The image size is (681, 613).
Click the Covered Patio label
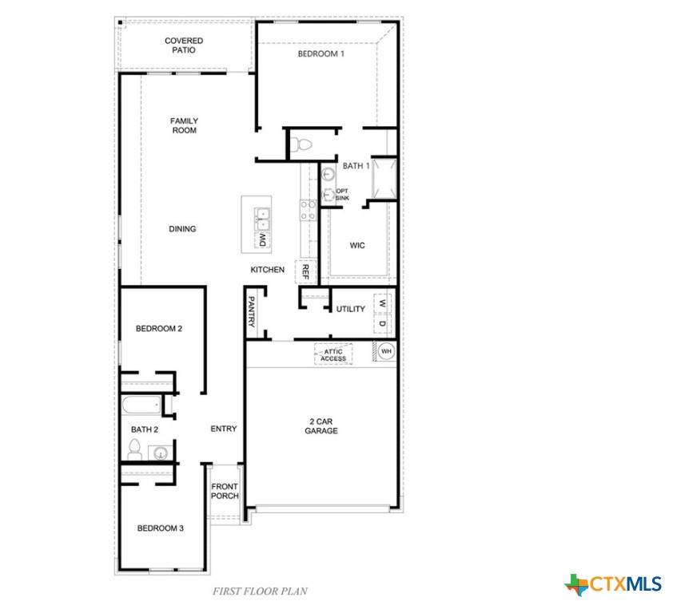click(x=184, y=45)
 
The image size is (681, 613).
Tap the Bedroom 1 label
click(x=321, y=53)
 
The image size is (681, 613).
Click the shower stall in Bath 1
click(x=384, y=178)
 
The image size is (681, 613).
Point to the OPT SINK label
click(x=342, y=194)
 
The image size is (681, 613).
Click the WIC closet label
click(x=357, y=246)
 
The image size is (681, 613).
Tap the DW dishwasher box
click(x=262, y=239)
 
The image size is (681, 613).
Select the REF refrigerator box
click(x=305, y=271)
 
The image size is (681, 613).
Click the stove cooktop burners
click(x=308, y=210)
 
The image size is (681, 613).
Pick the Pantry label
click(x=251, y=311)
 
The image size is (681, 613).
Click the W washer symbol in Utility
click(x=382, y=303)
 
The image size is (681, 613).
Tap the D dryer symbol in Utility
click(x=382, y=323)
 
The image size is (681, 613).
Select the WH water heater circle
click(x=386, y=351)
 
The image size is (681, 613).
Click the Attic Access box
click(x=333, y=354)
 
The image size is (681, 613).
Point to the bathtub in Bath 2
click(x=141, y=405)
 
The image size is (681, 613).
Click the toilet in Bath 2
click(x=134, y=449)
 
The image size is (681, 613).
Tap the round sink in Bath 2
click(x=161, y=453)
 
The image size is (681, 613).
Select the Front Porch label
click(x=225, y=491)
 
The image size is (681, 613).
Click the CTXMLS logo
click(x=613, y=584)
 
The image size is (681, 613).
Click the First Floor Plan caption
click(x=260, y=591)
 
